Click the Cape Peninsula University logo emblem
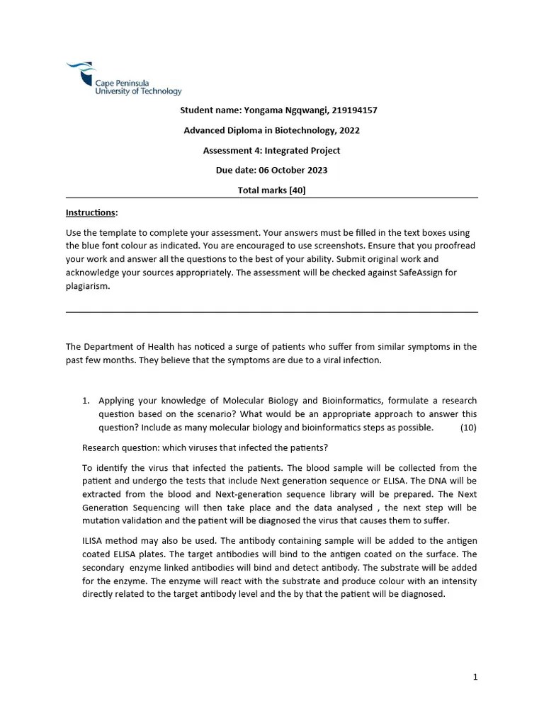[80, 72]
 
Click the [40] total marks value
[297, 190]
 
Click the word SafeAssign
[438, 273]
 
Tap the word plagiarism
[88, 285]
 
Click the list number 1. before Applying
[87, 400]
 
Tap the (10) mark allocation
[468, 427]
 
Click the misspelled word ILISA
[94, 541]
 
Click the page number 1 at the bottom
[475, 677]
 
